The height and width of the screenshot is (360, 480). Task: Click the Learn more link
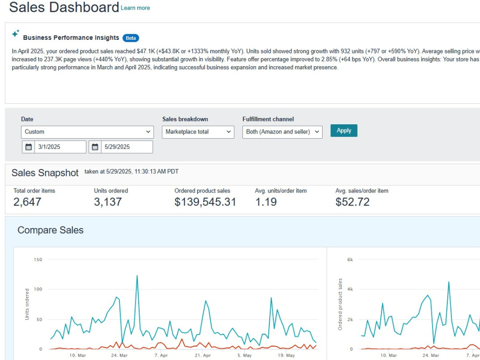point(135,8)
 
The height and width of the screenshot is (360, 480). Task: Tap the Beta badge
point(131,38)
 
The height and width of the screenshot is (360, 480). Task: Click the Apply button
point(344,131)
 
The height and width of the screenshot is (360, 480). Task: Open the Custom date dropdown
point(87,132)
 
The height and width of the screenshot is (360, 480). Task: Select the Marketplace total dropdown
point(198,132)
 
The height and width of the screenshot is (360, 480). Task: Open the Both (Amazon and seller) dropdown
point(282,132)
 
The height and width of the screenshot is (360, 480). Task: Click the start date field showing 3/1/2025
point(60,147)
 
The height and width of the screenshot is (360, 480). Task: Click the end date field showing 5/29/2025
point(127,147)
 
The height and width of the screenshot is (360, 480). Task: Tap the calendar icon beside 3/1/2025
point(28,147)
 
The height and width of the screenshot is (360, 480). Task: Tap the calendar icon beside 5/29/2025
point(95,147)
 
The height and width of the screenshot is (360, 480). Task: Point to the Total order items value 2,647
point(27,202)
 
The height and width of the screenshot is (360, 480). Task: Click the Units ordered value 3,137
point(108,202)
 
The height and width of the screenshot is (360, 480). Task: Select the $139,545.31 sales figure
point(205,202)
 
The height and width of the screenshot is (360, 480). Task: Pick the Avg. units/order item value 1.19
point(266,202)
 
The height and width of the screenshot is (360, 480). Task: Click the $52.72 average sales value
point(352,202)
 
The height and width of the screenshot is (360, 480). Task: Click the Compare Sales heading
point(50,230)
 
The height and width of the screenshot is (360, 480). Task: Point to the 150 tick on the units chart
point(38,260)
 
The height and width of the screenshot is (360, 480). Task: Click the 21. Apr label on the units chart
point(203,355)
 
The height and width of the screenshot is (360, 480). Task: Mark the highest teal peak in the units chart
point(137,276)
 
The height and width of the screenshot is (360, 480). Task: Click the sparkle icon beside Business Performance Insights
point(15,34)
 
